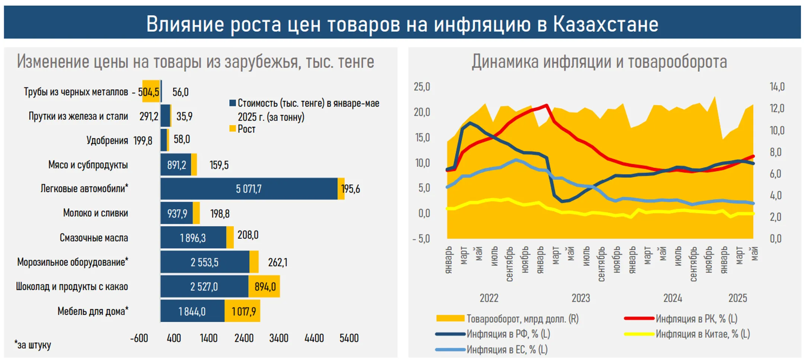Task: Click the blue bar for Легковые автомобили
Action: [249, 189]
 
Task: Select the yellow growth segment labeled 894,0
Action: [265, 287]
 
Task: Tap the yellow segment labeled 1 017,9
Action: [243, 311]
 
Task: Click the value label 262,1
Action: [277, 262]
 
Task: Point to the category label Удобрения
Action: [107, 140]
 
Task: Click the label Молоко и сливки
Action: [95, 213]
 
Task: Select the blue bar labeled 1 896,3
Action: [193, 238]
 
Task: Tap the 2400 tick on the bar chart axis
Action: [244, 338]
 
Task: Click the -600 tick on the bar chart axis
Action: [139, 338]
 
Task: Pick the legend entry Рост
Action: [246, 129]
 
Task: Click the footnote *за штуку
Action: [33, 345]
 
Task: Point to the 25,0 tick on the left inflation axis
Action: [422, 87]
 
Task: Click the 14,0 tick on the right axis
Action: [777, 87]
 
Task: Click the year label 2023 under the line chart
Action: [581, 298]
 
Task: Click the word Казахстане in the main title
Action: [605, 24]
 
